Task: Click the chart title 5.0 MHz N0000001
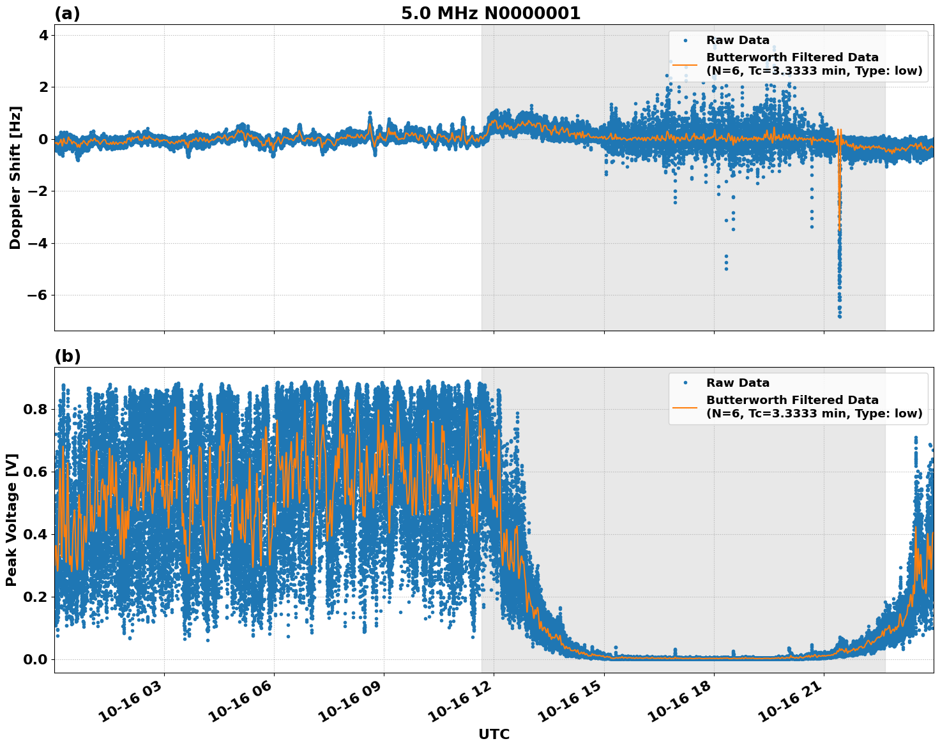490,13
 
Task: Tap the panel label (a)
67,13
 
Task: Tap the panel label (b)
67,356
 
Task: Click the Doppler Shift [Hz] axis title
15,177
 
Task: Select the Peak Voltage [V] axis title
11,520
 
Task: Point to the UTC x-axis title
494,734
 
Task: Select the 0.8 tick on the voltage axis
36,409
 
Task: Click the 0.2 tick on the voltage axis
36,597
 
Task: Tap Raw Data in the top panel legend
738,40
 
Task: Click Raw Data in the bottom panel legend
738,383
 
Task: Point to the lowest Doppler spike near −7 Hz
840,316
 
